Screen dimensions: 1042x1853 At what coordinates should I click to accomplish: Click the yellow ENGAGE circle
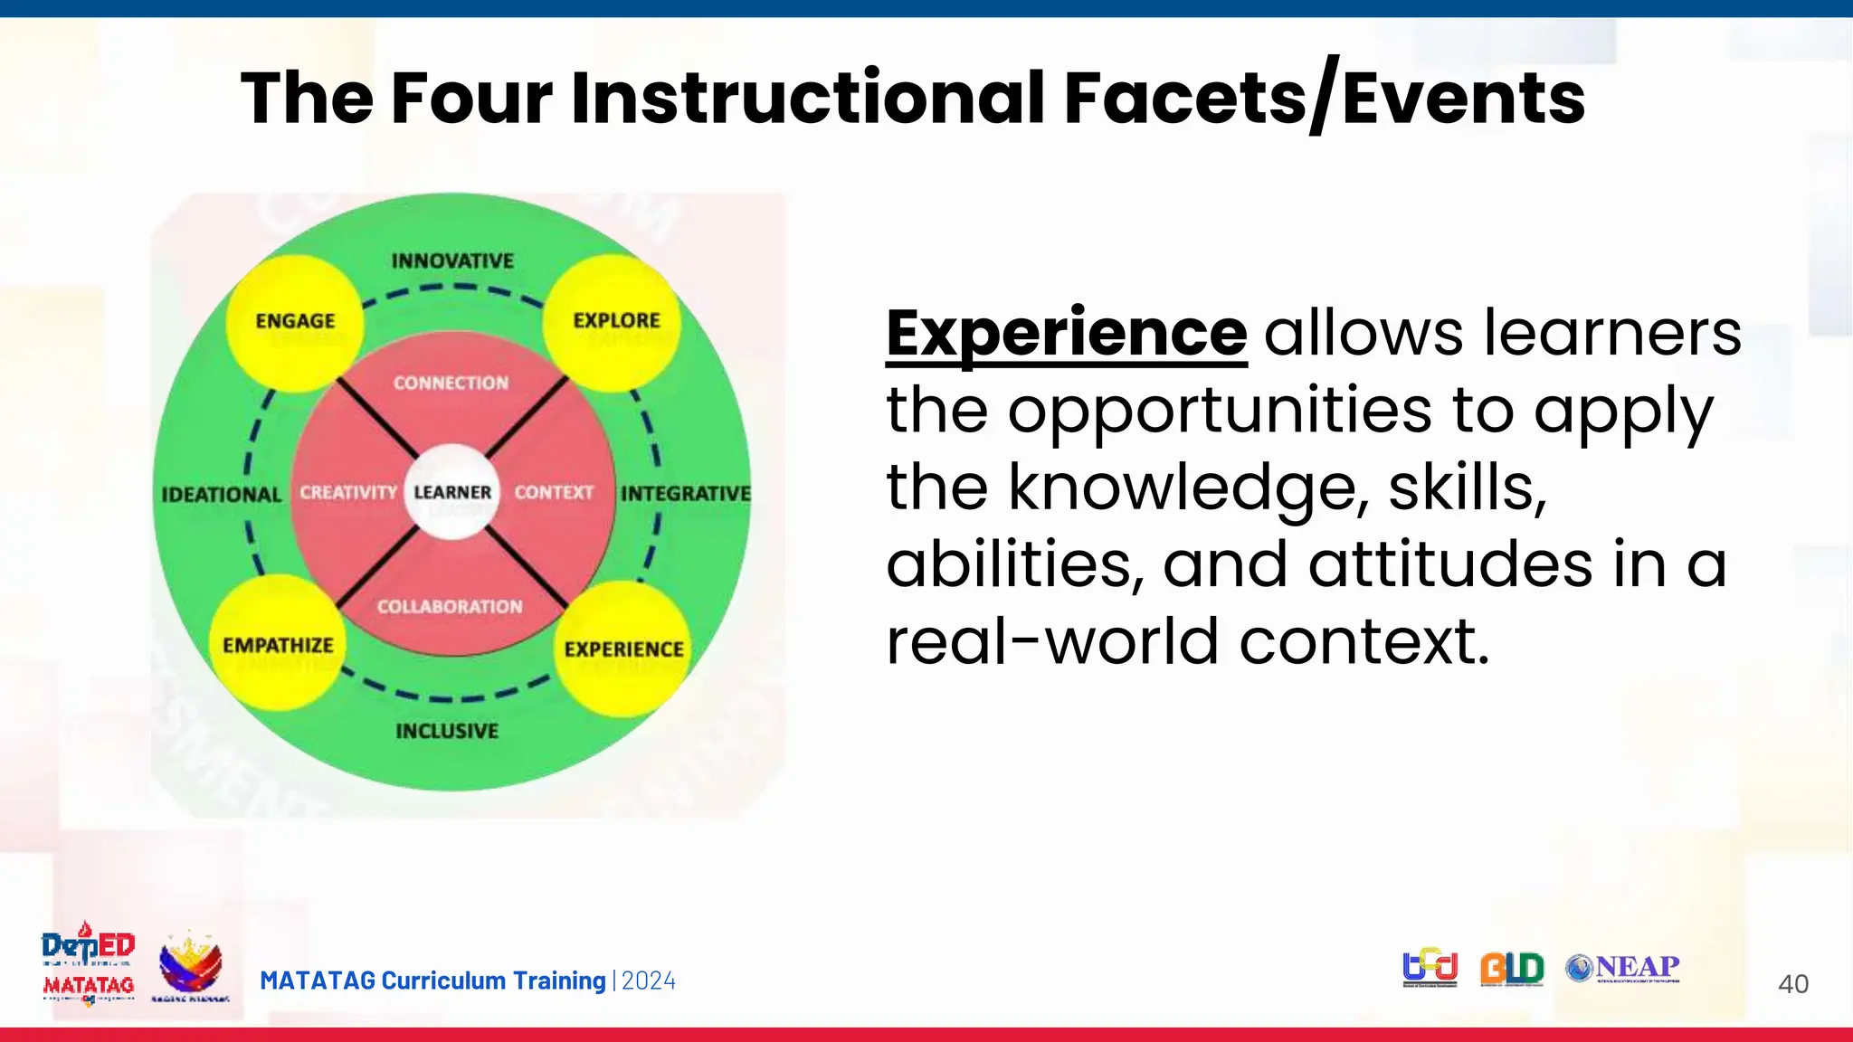[295, 323]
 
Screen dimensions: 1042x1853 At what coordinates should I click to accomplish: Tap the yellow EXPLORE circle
[614, 322]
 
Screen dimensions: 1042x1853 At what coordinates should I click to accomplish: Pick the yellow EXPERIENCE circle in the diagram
[623, 649]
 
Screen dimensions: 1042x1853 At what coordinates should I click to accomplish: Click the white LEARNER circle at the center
[451, 492]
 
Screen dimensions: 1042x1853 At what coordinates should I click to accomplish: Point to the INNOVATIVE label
[452, 261]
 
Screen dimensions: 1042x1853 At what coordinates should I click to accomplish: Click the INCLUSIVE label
[447, 731]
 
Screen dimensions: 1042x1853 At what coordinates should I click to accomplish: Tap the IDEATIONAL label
[222, 495]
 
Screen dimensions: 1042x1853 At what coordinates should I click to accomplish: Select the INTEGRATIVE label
[685, 494]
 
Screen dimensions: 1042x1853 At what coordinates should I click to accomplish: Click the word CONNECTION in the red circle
[451, 384]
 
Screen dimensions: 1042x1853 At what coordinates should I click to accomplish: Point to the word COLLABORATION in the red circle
[450, 607]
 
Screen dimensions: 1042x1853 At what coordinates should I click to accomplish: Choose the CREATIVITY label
[348, 493]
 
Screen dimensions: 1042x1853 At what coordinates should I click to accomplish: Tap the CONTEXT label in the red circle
[554, 493]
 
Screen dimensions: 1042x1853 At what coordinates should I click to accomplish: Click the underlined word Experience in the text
[1066, 333]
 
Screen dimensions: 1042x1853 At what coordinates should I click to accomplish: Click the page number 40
[1792, 984]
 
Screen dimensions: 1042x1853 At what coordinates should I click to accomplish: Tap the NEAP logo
[1623, 969]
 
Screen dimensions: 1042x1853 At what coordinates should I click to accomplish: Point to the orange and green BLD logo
[1512, 969]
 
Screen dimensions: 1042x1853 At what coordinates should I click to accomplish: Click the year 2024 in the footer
[649, 981]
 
